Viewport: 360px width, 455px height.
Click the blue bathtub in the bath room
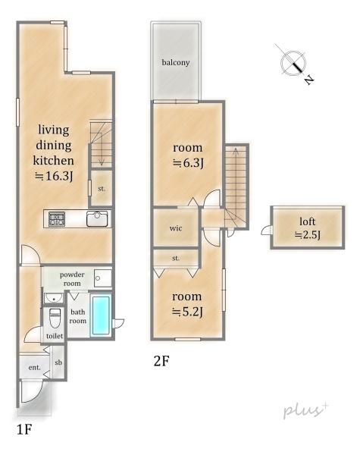[x=101, y=315]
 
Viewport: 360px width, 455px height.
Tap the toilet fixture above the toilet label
[x=55, y=318]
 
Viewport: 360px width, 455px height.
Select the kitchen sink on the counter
[x=97, y=219]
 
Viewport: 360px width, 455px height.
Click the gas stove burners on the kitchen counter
[x=57, y=219]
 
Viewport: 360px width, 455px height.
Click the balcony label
[x=176, y=62]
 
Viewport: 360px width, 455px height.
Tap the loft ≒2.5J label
[x=307, y=228]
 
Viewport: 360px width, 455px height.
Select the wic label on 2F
[x=176, y=228]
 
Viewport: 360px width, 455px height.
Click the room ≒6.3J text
[x=188, y=155]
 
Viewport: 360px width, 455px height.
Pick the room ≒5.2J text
[x=187, y=304]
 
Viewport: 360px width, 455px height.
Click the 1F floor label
[x=23, y=429]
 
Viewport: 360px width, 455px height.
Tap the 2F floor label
[x=161, y=361]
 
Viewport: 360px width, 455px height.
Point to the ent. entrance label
[x=35, y=368]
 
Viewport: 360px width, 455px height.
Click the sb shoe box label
[x=58, y=362]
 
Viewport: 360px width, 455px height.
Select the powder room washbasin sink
[x=53, y=298]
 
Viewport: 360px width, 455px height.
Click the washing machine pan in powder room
[x=102, y=278]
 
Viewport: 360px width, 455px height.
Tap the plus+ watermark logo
[x=305, y=409]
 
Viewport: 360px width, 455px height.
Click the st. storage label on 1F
[x=102, y=189]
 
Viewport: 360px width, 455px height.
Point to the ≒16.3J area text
[x=54, y=176]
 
